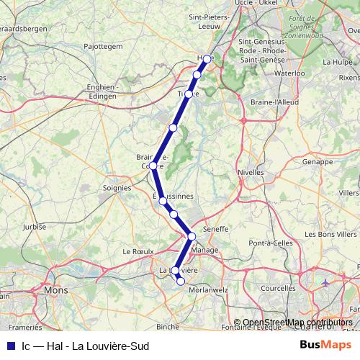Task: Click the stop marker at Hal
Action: click(207, 59)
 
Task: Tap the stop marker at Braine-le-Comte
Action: click(153, 166)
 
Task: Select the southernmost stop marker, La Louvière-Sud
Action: click(181, 282)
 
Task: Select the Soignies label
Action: click(117, 187)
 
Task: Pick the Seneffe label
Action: click(216, 228)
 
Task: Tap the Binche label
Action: click(168, 326)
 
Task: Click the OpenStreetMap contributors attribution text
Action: click(297, 323)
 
